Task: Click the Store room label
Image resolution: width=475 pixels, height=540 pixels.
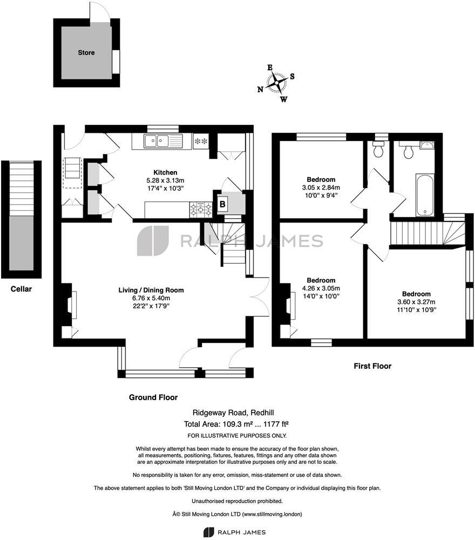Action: coord(86,52)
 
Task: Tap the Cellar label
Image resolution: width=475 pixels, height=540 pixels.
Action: coord(22,289)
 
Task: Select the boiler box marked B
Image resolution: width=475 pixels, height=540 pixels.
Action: coord(222,204)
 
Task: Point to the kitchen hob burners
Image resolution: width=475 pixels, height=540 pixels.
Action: coord(201,208)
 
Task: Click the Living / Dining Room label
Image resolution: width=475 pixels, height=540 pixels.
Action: coord(151,290)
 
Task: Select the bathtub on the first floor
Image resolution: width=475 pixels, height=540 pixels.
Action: coord(424,194)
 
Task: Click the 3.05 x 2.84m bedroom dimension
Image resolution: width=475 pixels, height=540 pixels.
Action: coord(321,188)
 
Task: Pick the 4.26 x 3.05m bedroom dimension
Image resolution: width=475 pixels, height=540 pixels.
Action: coord(321,289)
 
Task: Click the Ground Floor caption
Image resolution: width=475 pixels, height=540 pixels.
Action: coord(153,397)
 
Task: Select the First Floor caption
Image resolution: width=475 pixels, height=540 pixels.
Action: coord(372,366)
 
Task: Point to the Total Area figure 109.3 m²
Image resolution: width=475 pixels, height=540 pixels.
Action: coord(237,424)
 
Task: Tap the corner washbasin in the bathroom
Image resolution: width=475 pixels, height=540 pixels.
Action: coord(426,144)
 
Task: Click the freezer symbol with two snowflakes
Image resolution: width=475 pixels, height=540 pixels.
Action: coord(201,141)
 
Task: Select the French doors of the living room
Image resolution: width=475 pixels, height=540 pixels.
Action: coord(261,297)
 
